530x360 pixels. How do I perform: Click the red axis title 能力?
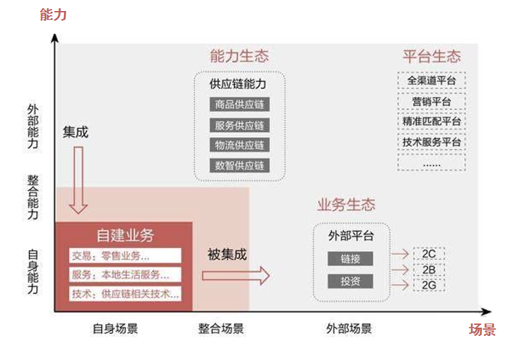click(x=53, y=14)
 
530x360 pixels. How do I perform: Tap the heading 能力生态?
click(x=239, y=56)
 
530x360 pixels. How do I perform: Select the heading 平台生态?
click(x=432, y=56)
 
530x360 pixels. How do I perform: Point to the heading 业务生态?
click(x=346, y=205)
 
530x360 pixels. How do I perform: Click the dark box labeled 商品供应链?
click(x=239, y=105)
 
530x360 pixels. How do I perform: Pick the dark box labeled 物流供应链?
click(x=239, y=145)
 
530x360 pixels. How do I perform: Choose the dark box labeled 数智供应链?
click(x=239, y=165)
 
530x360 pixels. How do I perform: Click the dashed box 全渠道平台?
click(x=432, y=80)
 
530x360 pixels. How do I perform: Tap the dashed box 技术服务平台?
click(x=432, y=142)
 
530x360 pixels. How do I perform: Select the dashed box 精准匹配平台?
click(x=432, y=122)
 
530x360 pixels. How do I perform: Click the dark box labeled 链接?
click(x=350, y=259)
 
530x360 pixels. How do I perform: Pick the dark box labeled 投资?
click(x=350, y=281)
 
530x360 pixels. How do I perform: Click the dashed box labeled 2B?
click(x=428, y=269)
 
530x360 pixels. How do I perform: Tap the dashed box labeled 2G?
click(x=428, y=284)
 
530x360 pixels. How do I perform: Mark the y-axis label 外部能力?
click(x=33, y=127)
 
